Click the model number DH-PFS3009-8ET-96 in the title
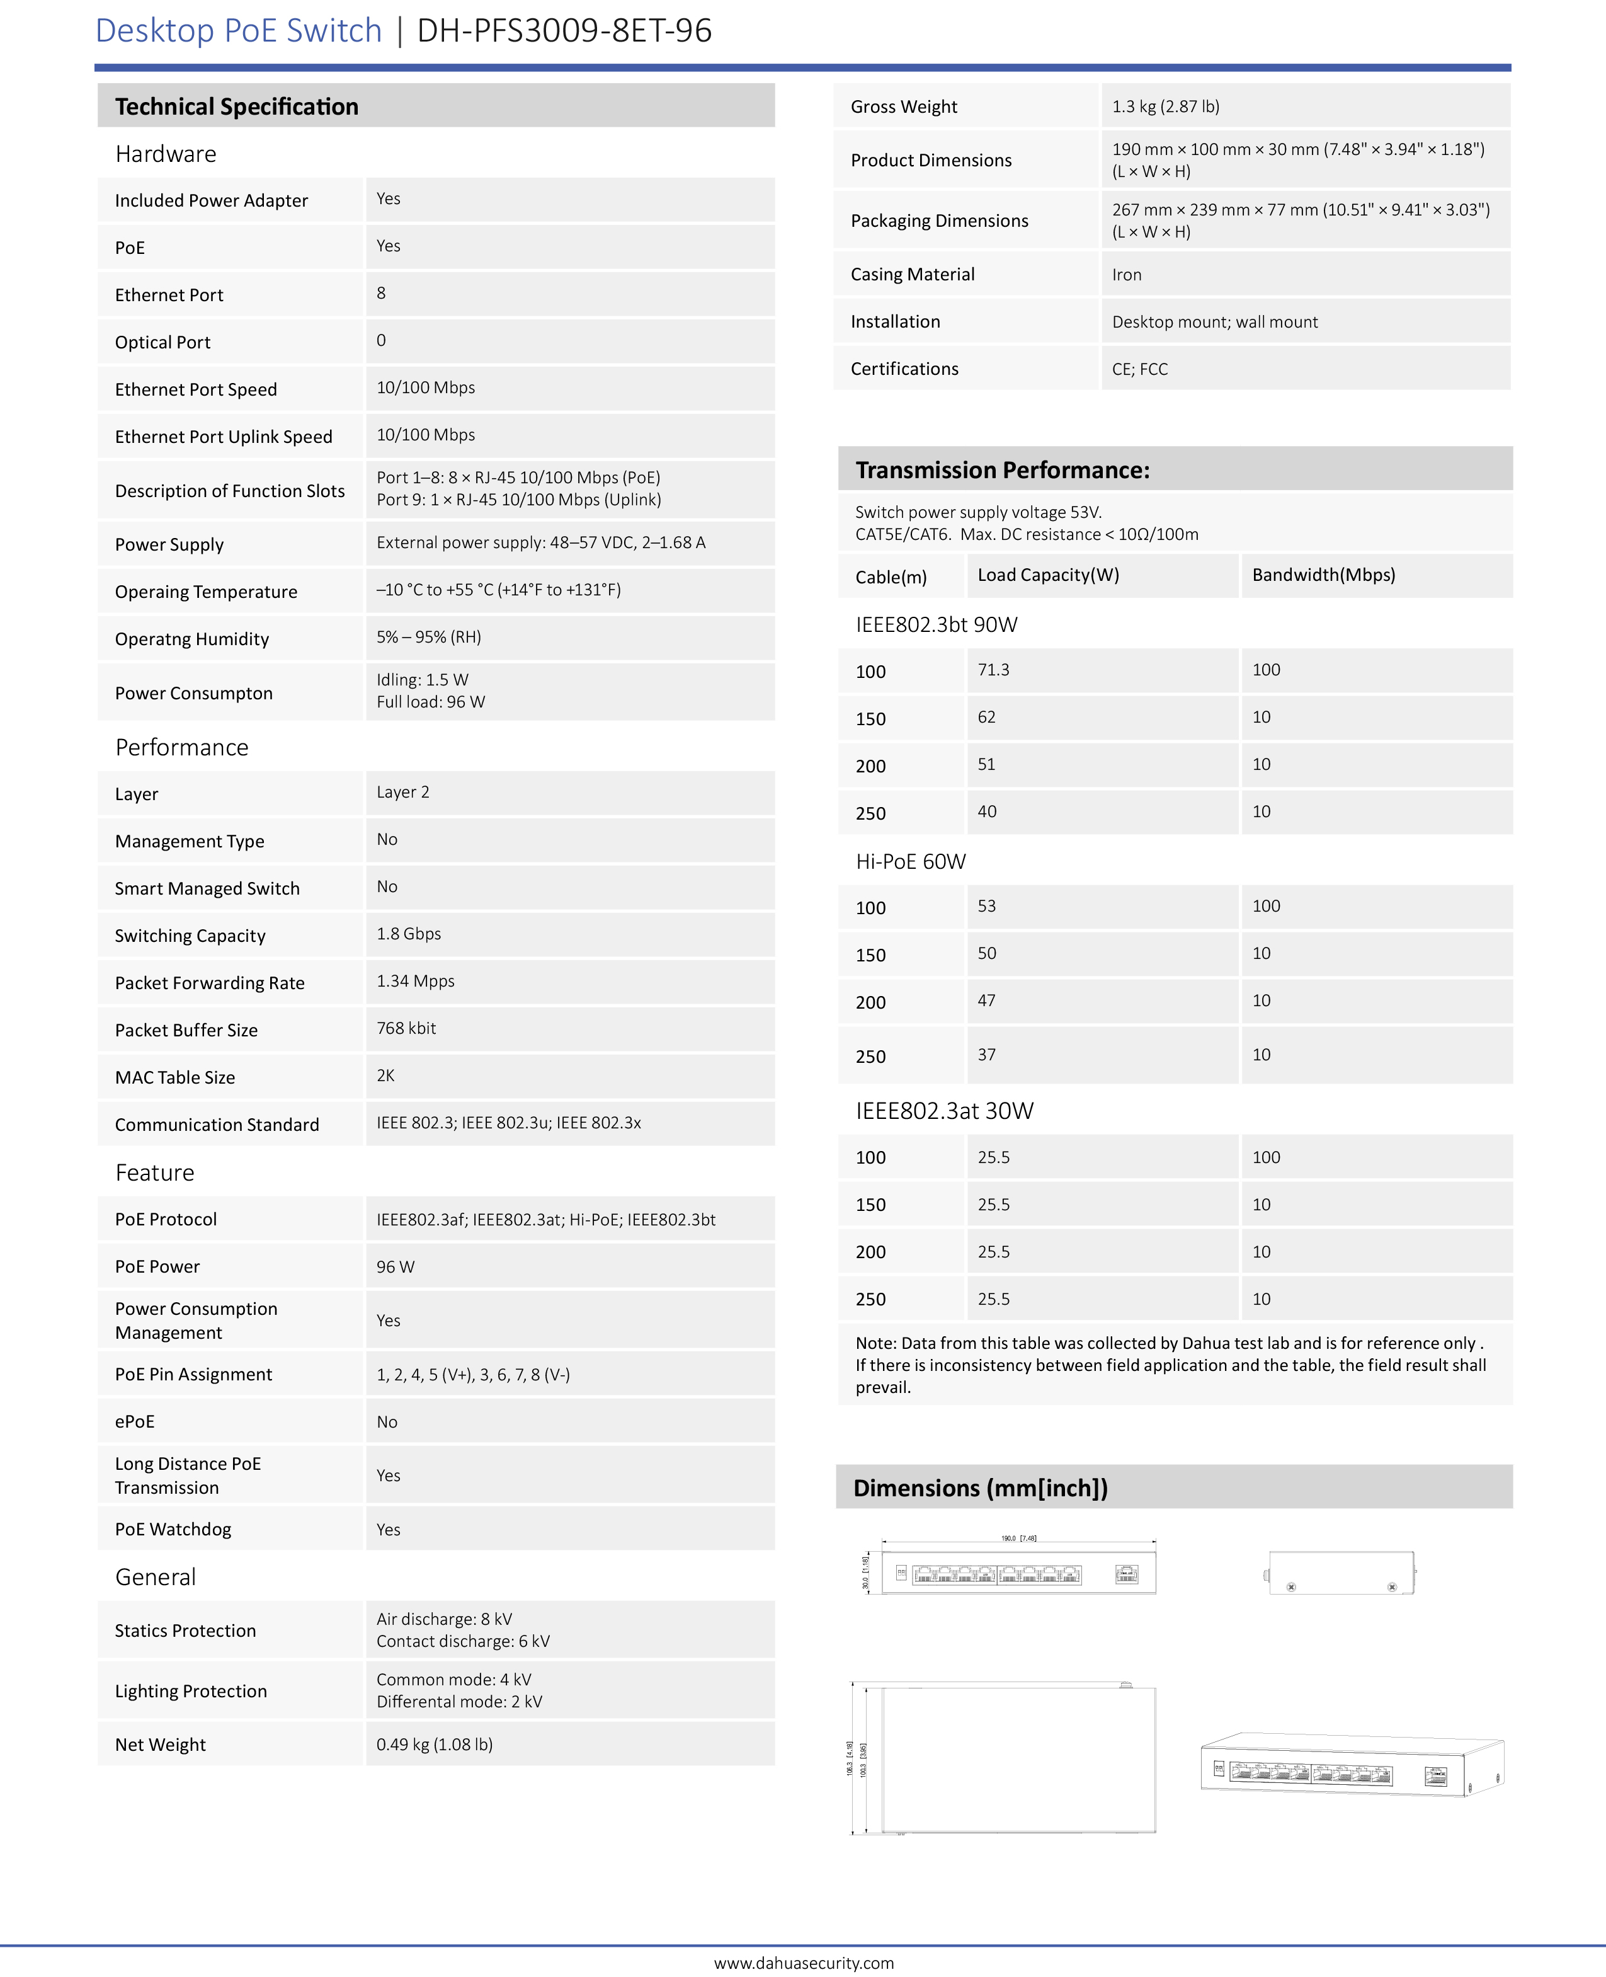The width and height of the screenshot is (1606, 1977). click(564, 30)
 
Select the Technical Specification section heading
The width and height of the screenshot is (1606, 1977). click(236, 106)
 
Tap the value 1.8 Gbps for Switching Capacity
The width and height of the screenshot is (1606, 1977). click(408, 934)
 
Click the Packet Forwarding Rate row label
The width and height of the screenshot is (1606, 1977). click(209, 983)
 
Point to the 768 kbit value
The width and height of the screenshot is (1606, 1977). click(406, 1028)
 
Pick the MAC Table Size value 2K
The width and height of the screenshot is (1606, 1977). click(386, 1075)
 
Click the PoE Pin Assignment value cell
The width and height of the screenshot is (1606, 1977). click(473, 1375)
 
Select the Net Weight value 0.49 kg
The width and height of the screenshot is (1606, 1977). click(434, 1745)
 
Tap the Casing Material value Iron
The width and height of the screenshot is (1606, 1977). click(1126, 275)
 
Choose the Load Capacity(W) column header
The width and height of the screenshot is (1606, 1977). click(1047, 575)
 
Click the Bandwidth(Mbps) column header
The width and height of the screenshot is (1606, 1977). click(1323, 575)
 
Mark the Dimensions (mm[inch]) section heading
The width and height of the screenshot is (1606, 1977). click(980, 1488)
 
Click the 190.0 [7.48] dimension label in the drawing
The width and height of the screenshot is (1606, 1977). click(1018, 1539)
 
